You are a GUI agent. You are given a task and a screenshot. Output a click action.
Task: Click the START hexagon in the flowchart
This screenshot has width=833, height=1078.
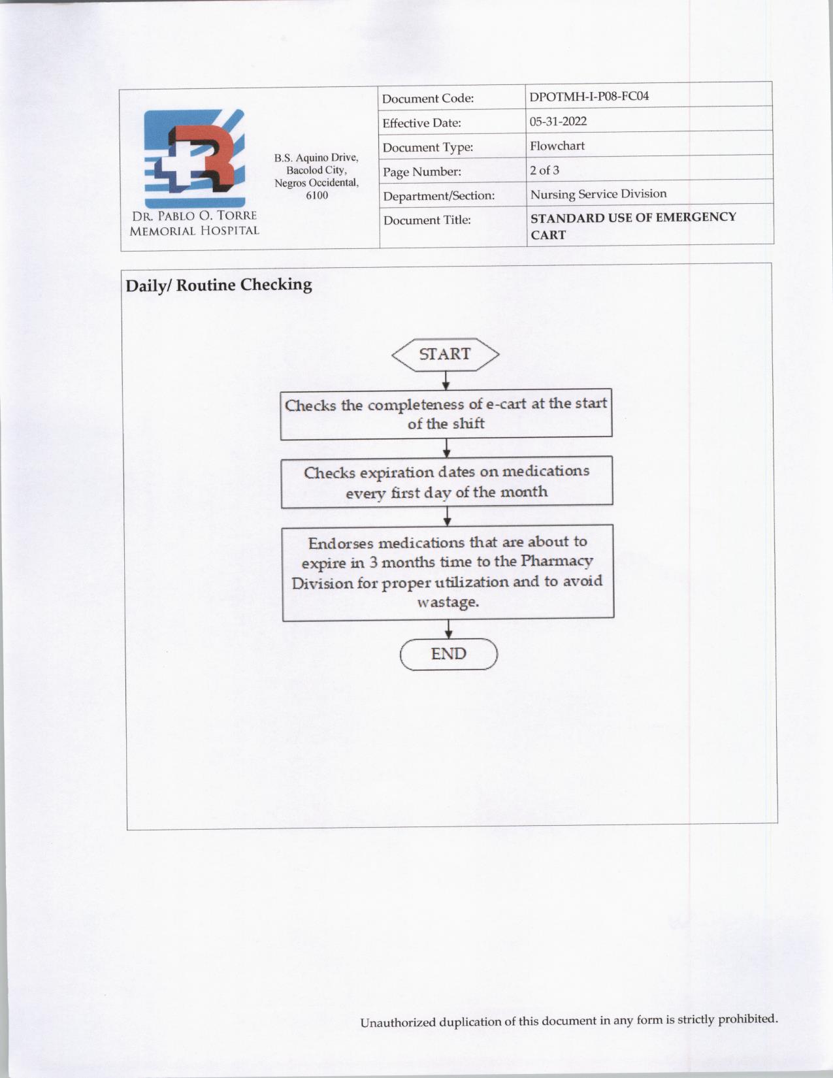[445, 354]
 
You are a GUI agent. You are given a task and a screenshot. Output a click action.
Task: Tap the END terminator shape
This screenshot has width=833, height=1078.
[449, 654]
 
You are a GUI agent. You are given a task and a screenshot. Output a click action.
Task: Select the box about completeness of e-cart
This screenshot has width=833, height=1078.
[446, 414]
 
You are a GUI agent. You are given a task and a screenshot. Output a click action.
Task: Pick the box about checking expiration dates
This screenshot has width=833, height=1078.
[447, 482]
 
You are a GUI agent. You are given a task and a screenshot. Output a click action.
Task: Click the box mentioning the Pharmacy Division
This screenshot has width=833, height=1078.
[448, 572]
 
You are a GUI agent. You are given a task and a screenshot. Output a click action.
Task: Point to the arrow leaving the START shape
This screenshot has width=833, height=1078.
[446, 380]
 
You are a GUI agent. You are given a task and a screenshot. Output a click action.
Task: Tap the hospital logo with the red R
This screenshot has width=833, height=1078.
[195, 159]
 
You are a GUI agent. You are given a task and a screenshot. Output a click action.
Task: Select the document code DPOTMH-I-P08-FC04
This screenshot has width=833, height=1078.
[589, 97]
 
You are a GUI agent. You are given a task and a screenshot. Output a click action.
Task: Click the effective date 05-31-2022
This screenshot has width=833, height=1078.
[558, 122]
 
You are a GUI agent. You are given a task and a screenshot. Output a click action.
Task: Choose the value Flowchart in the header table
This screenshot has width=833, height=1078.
[557, 146]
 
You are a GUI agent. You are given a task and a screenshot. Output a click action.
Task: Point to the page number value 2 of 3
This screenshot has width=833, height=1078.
[544, 171]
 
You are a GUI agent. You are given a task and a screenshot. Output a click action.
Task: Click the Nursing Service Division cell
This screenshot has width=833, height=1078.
[598, 194]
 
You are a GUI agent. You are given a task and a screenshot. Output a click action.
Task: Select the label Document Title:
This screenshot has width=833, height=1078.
[427, 220]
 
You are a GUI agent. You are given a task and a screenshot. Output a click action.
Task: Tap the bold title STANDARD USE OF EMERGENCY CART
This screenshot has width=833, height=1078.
[632, 225]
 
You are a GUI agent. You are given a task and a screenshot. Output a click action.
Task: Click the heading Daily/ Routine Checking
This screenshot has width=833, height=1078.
[218, 285]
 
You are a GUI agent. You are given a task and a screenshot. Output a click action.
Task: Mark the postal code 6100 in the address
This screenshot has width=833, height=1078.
[317, 195]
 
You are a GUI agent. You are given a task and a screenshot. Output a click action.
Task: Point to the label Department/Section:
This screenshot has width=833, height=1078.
[438, 196]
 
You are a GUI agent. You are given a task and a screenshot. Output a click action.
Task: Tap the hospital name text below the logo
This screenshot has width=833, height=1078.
[194, 223]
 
